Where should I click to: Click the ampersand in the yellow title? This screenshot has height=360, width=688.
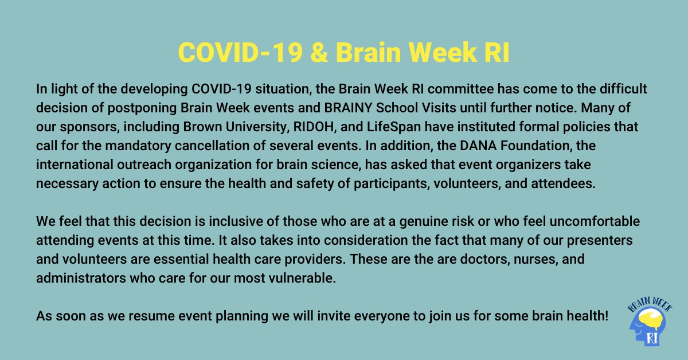(320, 53)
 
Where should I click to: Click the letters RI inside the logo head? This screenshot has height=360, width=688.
(651, 338)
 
